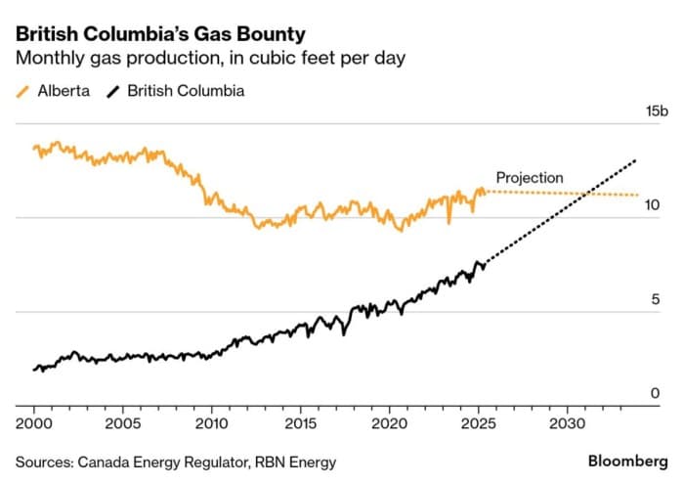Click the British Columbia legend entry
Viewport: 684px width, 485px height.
(x=175, y=91)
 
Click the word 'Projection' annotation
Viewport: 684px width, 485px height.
(x=530, y=178)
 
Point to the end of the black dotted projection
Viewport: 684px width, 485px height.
(x=637, y=158)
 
